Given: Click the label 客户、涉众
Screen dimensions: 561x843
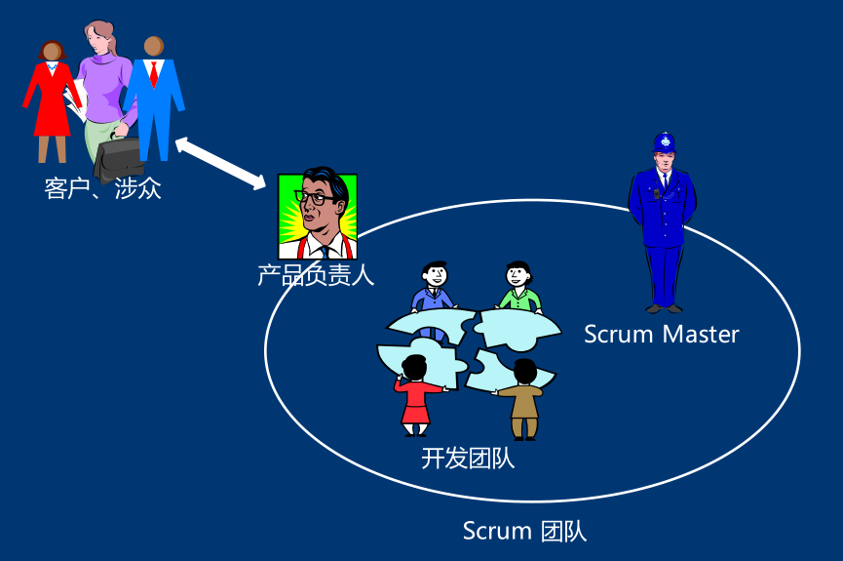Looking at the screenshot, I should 102,188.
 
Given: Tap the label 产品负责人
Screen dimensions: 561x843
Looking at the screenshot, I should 315,276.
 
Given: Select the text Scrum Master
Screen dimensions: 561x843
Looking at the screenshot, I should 661,335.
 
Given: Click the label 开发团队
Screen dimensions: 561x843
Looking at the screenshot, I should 468,458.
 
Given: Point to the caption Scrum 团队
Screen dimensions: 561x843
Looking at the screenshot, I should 524,532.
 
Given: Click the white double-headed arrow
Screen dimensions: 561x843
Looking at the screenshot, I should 221,164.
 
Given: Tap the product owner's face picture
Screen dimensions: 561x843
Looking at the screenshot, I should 318,215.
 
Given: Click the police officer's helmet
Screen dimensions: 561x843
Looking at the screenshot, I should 665,142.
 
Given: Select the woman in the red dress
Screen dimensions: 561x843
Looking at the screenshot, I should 51,98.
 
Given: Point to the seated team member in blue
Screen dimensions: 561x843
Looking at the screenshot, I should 434,291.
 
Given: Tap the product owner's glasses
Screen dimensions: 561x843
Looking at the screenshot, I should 314,198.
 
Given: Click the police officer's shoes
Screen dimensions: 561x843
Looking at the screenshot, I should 664,307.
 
